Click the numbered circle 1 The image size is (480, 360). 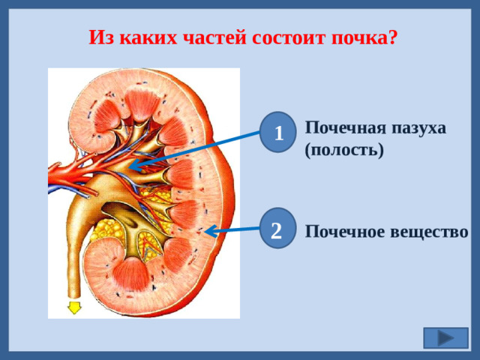click(x=279, y=133)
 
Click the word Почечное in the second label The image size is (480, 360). click(x=345, y=232)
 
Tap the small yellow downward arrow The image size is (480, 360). click(x=74, y=307)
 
